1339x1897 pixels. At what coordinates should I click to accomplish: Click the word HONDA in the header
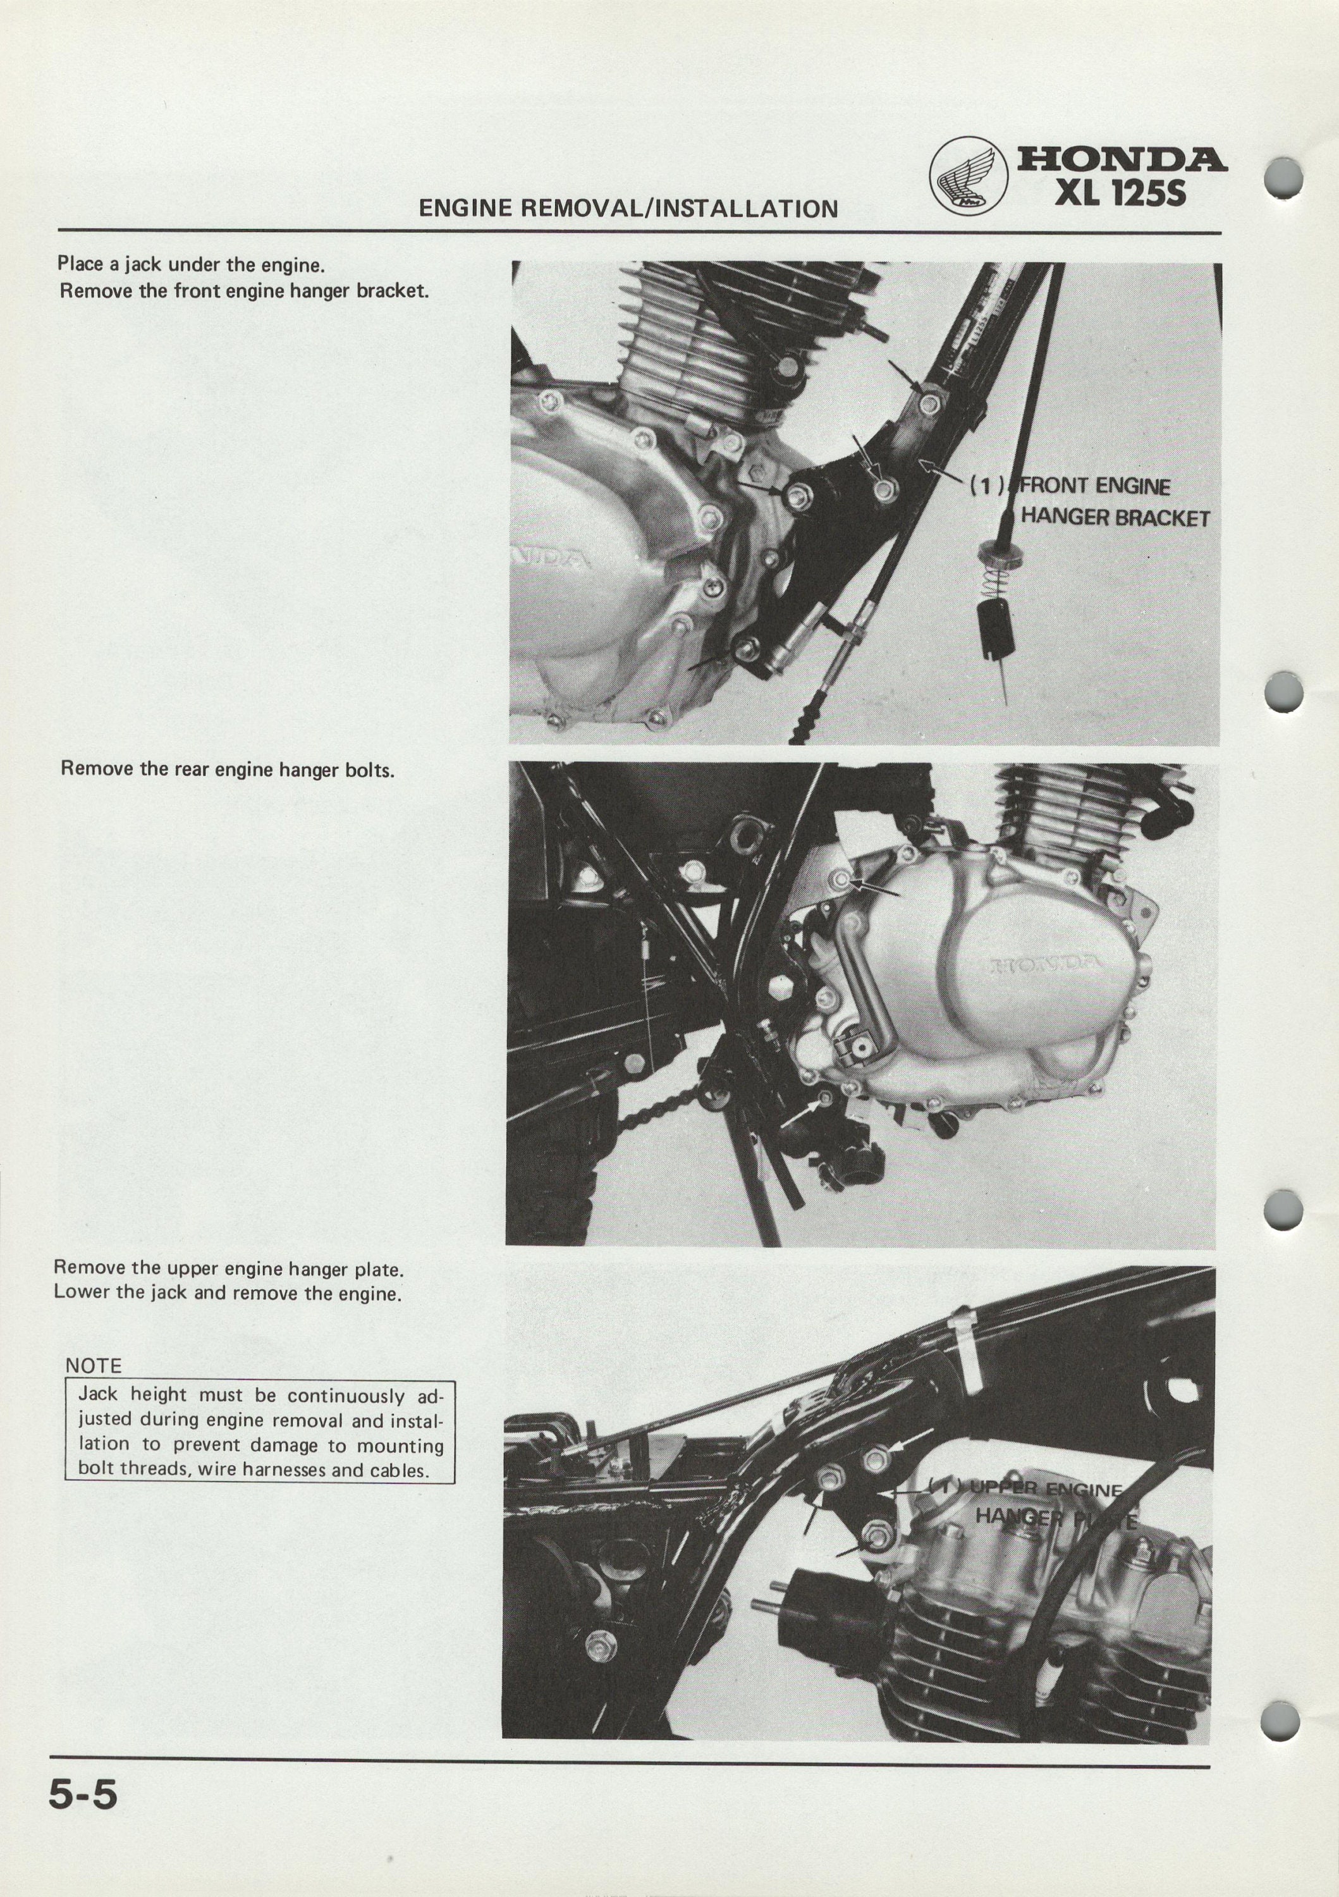(x=1121, y=159)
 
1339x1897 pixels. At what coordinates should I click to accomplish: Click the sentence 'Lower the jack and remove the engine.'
(x=227, y=1293)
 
